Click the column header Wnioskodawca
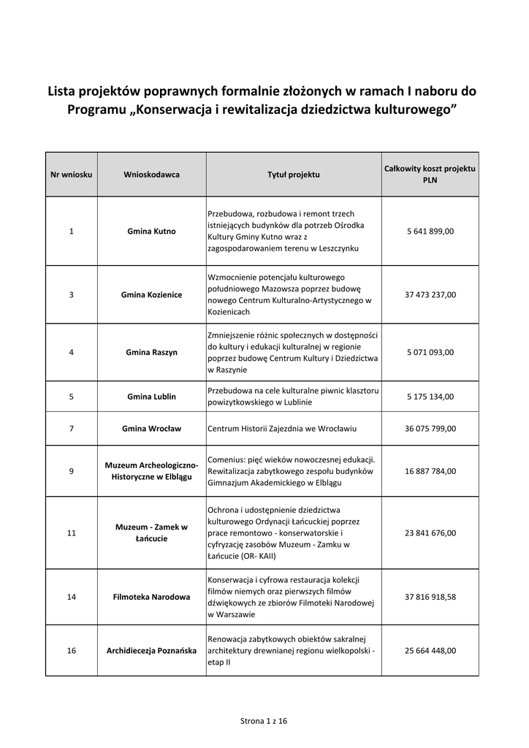tap(151, 175)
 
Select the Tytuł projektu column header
tap(293, 175)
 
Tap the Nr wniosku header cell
tap(71, 175)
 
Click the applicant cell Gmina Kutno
tap(151, 232)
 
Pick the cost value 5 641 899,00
tap(430, 232)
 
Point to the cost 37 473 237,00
tap(430, 295)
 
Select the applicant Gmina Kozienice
tap(151, 295)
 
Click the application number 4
tap(71, 352)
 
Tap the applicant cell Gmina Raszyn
tap(151, 352)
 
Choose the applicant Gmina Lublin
tap(151, 397)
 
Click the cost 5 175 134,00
tap(430, 397)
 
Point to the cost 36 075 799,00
tap(430, 429)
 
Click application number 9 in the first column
tap(71, 471)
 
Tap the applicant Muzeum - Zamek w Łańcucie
tap(151, 533)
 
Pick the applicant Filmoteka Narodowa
tap(151, 597)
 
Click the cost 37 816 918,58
tap(430, 597)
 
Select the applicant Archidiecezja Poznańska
tap(151, 650)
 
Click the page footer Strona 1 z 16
tap(264, 721)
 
